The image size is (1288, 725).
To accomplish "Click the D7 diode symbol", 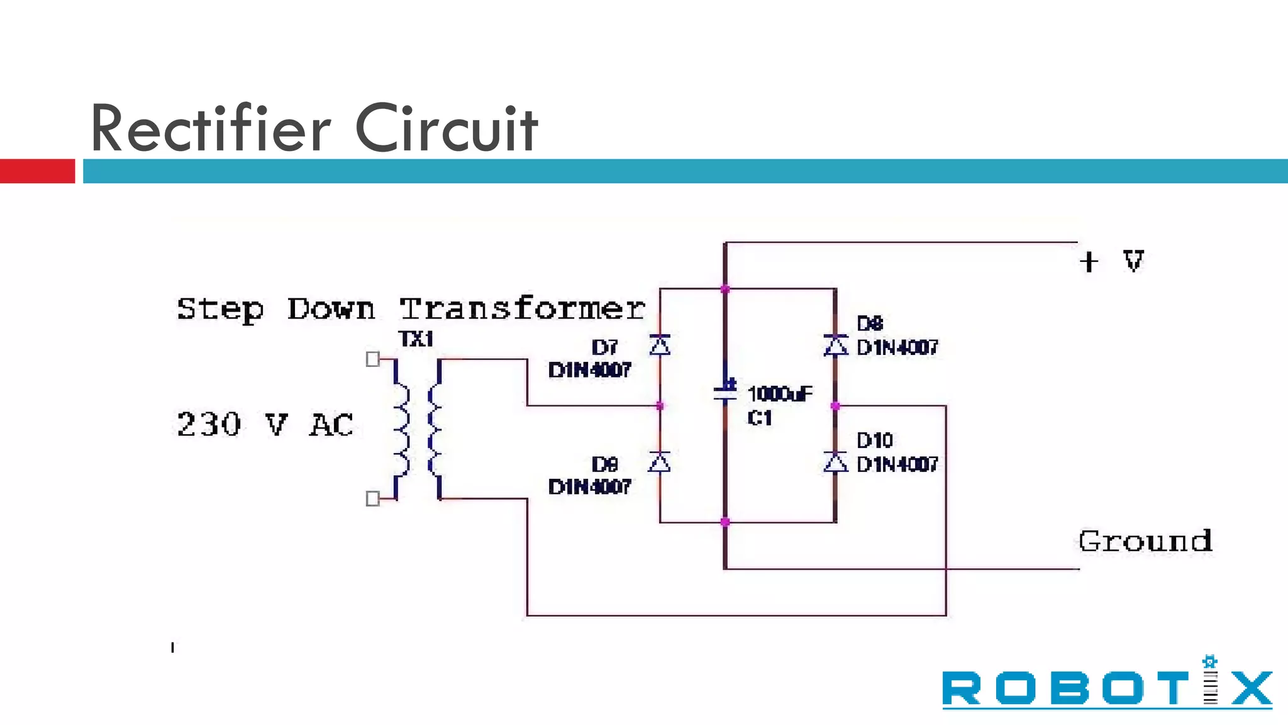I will [x=660, y=345].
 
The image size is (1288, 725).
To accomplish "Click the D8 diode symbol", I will [x=835, y=345].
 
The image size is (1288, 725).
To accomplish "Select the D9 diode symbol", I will [x=660, y=463].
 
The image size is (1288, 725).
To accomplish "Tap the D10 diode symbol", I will [x=835, y=463].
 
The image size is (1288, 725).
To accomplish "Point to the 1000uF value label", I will [x=780, y=394].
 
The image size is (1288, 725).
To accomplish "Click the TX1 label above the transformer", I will [x=416, y=339].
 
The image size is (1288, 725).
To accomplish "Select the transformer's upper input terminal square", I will [x=372, y=359].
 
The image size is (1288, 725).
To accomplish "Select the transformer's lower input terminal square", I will [x=372, y=498].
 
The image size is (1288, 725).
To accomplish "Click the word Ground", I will [x=1145, y=541].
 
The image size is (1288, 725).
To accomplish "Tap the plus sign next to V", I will [x=1089, y=262].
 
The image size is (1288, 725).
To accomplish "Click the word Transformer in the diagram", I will [x=522, y=309].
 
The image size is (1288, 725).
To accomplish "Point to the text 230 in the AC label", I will [x=209, y=424].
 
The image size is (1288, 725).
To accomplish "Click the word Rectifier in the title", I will [x=211, y=129].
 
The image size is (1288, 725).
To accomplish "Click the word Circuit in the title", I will [x=447, y=129].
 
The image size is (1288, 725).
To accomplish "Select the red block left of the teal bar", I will [x=37, y=171].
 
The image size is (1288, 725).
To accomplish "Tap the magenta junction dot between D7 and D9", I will [x=660, y=406].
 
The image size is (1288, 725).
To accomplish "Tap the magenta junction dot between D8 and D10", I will [x=835, y=406].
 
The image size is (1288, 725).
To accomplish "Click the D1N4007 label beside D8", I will [x=897, y=347].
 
